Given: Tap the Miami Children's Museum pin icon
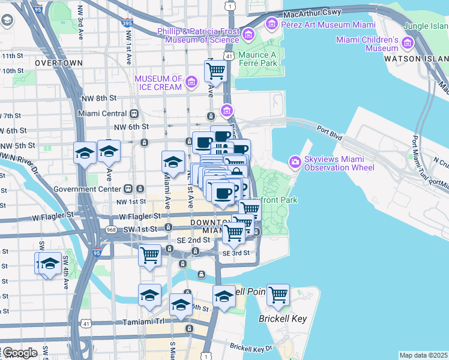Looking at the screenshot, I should [408, 44].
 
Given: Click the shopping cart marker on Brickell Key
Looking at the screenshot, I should [278, 295].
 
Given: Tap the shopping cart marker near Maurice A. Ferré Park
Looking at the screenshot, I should [215, 71].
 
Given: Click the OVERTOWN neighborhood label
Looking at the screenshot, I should [58, 63].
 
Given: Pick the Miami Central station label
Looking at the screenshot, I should [102, 113].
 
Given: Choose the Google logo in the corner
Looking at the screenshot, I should [19, 353].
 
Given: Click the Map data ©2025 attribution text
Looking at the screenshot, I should [423, 355].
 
